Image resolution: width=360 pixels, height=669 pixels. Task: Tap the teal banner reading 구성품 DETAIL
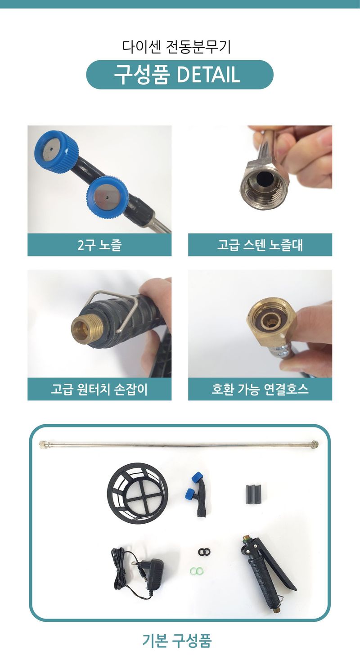pos(180,75)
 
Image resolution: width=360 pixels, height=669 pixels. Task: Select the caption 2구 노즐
pos(99,245)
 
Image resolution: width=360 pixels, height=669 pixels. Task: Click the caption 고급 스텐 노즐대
pos(260,245)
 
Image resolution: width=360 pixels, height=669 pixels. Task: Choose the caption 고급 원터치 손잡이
pos(99,389)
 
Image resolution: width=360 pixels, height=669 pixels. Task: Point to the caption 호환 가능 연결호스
pos(260,389)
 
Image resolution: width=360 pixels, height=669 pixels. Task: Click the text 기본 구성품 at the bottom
pos(177,641)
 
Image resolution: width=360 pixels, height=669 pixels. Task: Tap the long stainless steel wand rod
pos(180,445)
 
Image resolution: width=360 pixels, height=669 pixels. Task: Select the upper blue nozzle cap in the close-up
pos(55,148)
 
